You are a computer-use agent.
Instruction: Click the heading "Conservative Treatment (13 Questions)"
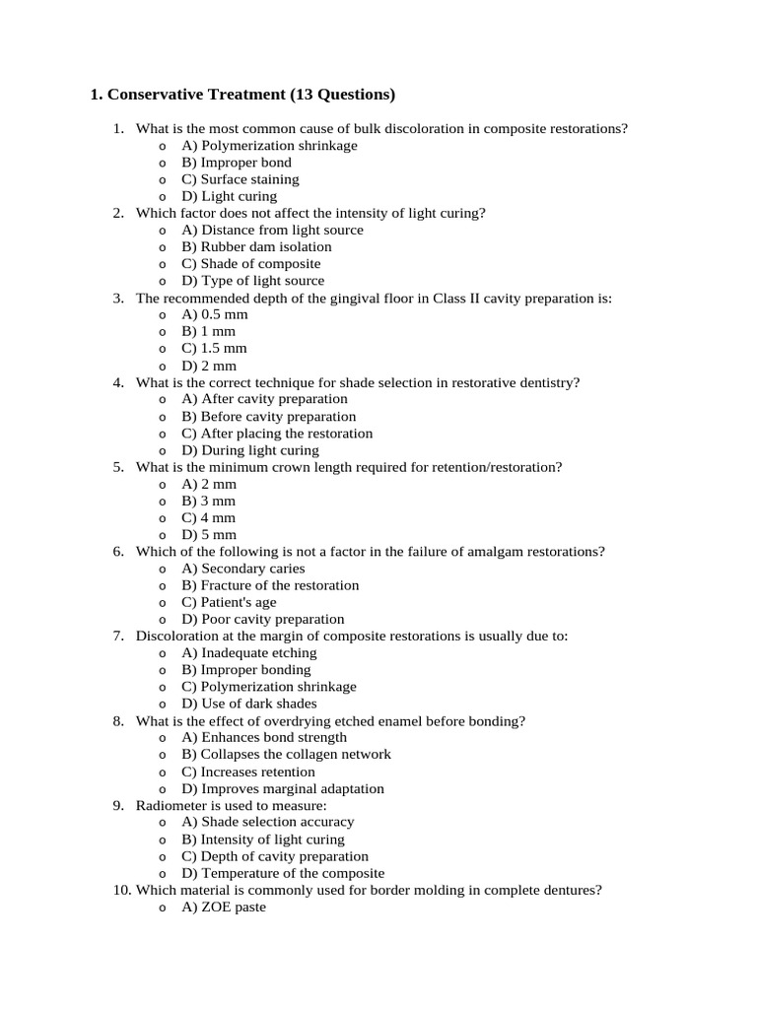pyautogui.click(x=241, y=95)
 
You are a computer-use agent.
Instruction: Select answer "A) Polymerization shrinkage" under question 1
pyautogui.click(x=269, y=146)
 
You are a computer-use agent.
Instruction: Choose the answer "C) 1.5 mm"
pyautogui.click(x=214, y=348)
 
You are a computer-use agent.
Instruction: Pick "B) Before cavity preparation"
pyautogui.click(x=269, y=416)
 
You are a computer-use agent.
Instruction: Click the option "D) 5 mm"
pyautogui.click(x=209, y=534)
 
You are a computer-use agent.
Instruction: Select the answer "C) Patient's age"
pyautogui.click(x=229, y=602)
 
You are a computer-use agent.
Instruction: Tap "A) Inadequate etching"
pyautogui.click(x=249, y=652)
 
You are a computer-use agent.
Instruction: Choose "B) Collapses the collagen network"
pyautogui.click(x=286, y=754)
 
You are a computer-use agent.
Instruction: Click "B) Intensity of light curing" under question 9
pyautogui.click(x=263, y=840)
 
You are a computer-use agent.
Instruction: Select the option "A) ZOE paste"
pyautogui.click(x=224, y=907)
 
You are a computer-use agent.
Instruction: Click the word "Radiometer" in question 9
pyautogui.click(x=171, y=805)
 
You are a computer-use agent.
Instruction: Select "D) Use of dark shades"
pyautogui.click(x=249, y=704)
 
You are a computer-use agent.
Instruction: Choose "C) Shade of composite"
pyautogui.click(x=250, y=263)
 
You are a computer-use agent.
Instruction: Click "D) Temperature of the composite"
pyautogui.click(x=283, y=873)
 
